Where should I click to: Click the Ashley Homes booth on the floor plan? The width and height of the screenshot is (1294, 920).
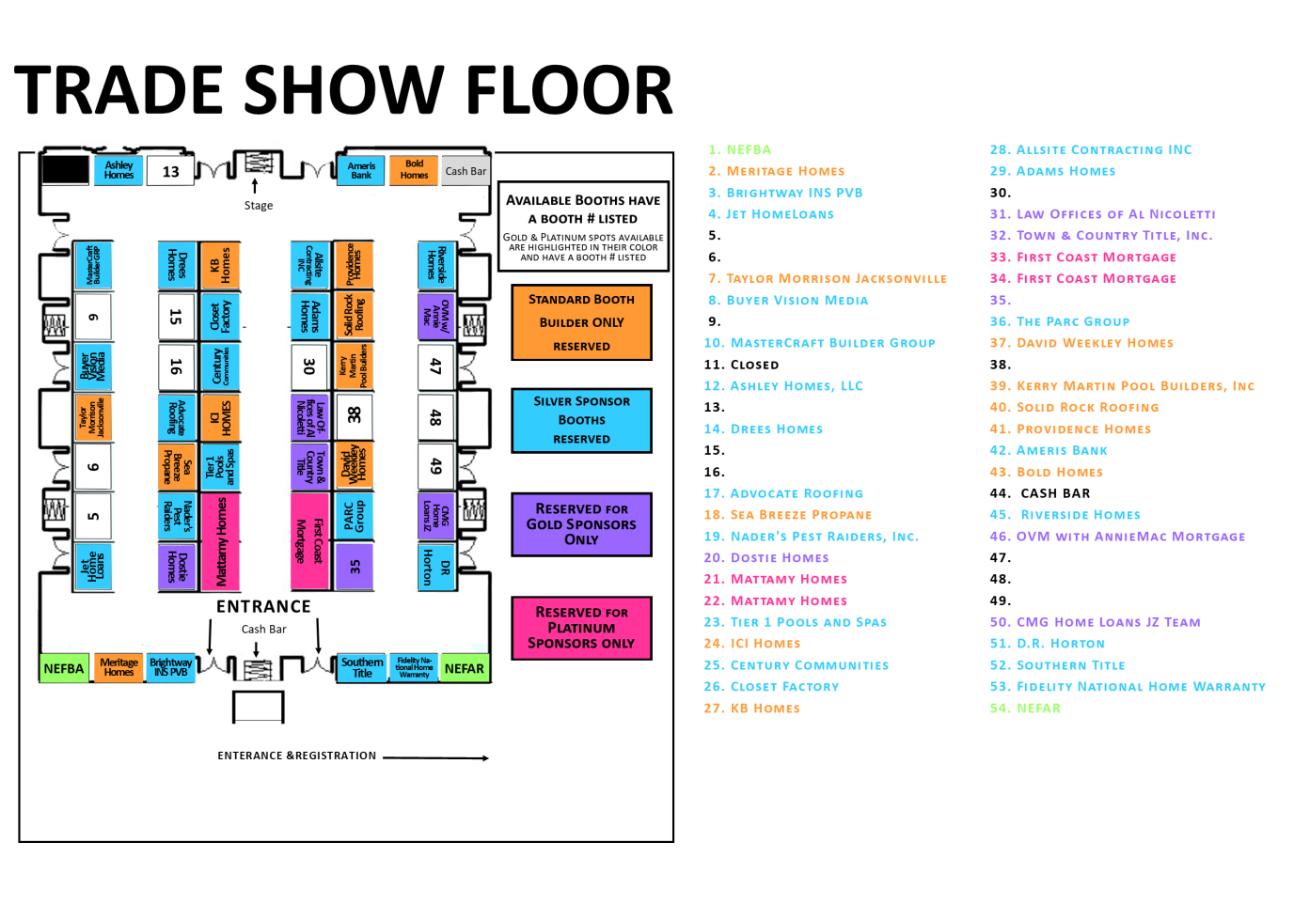(x=118, y=169)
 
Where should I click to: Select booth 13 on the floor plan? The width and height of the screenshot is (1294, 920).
(x=170, y=171)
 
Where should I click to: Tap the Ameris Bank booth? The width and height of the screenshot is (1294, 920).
(x=361, y=170)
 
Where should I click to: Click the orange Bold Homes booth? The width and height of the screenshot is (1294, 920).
(x=414, y=169)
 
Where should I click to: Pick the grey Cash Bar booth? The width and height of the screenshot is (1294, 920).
(x=466, y=171)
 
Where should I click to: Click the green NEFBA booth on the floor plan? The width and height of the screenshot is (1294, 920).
(x=63, y=668)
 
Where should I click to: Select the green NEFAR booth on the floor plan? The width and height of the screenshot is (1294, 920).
(x=464, y=668)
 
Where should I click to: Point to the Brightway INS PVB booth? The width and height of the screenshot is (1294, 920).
(x=170, y=668)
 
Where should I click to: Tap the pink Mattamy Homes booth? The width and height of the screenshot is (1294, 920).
(x=221, y=541)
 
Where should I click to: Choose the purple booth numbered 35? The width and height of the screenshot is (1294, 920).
(x=355, y=567)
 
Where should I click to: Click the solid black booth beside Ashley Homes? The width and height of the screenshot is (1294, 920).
(x=66, y=170)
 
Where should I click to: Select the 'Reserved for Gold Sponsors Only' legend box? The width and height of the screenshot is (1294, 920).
(x=581, y=524)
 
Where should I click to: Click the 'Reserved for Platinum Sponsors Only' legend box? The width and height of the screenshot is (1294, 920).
(x=581, y=628)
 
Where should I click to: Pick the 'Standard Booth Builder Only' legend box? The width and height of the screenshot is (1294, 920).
(x=581, y=322)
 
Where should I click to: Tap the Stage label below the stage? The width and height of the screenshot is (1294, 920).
(x=259, y=206)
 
